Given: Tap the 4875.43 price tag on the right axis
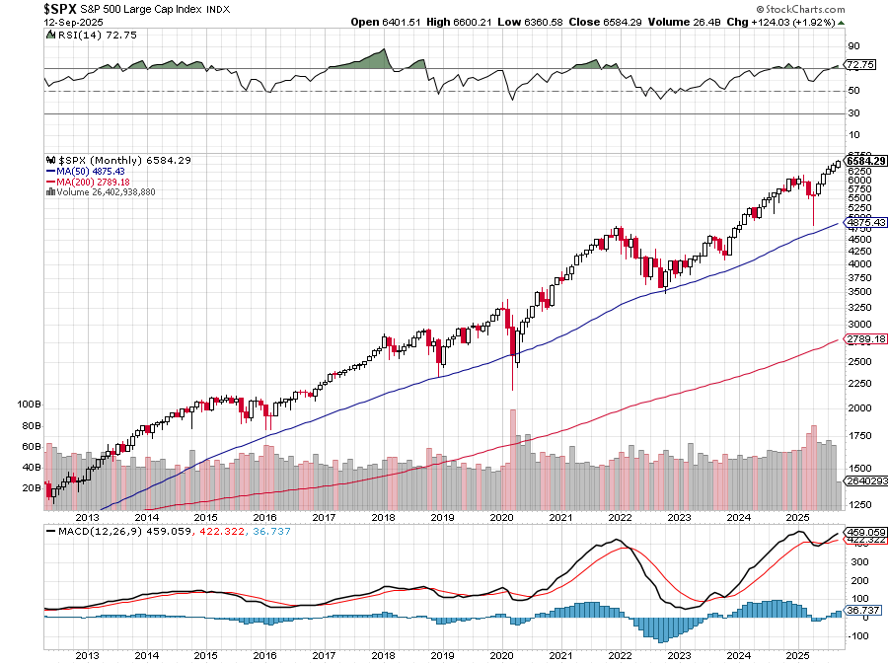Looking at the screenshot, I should coord(864,222).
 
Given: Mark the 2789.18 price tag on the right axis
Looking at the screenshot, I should coord(864,339).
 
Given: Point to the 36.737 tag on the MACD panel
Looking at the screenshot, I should coord(862,611).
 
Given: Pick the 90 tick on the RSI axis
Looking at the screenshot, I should coord(853,45).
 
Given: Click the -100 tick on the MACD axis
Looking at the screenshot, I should coord(857,636).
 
